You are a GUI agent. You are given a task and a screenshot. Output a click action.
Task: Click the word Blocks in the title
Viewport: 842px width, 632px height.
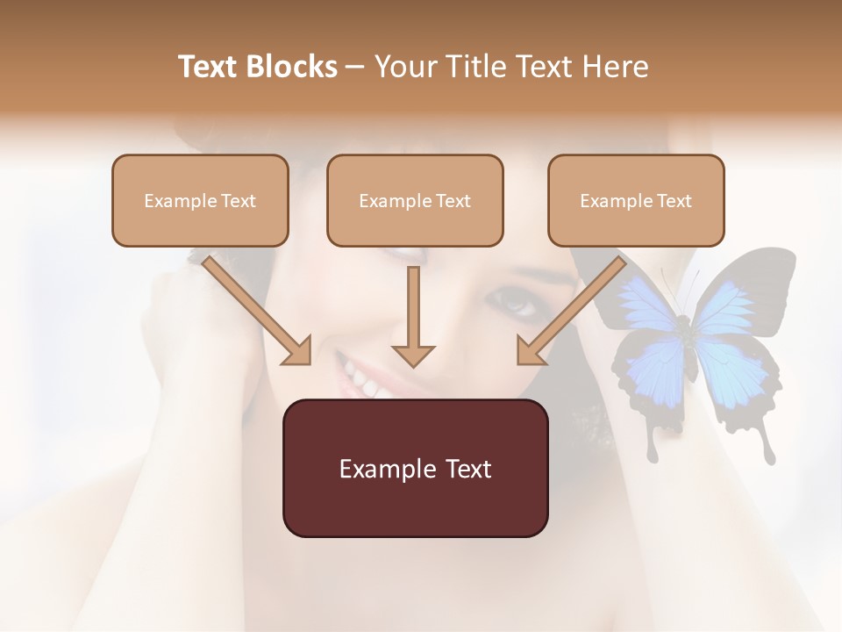(294, 67)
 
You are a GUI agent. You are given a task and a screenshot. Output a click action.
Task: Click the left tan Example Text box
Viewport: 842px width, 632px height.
(200, 200)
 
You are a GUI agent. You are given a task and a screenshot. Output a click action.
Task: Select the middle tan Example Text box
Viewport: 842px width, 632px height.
(415, 200)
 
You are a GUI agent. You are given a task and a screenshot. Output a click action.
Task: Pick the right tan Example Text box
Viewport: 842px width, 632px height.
(636, 200)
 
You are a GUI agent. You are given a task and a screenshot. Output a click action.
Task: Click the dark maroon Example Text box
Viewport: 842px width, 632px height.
(415, 468)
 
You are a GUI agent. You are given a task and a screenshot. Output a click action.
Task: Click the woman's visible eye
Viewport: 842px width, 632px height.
(517, 303)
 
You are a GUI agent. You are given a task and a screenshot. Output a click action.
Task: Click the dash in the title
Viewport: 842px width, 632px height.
(355, 67)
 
